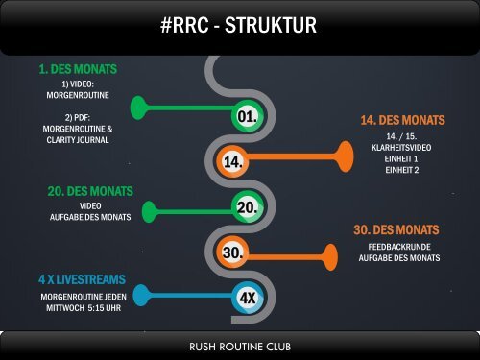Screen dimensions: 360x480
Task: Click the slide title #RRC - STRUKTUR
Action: tap(239, 26)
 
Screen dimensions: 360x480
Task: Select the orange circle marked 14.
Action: tap(231, 162)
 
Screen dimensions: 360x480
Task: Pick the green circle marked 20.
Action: tap(246, 206)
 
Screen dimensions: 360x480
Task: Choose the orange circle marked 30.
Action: tap(231, 252)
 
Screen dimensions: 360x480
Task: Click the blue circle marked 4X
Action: tap(246, 297)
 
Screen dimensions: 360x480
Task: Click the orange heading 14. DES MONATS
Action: tap(402, 121)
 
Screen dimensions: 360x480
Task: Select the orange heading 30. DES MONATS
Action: tap(396, 230)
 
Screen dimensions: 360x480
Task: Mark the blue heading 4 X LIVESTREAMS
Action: tap(82, 278)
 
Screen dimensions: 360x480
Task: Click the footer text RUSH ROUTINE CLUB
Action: tap(239, 345)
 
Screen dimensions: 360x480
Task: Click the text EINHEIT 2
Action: tap(402, 170)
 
